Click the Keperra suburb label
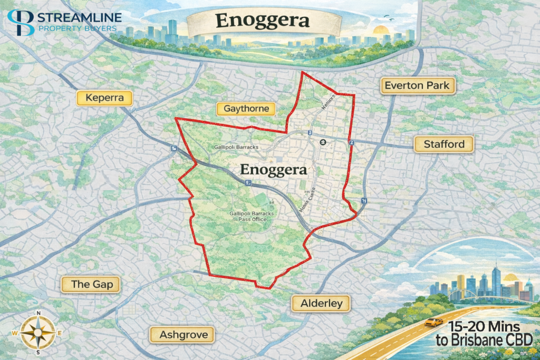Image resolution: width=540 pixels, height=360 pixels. pyautogui.click(x=104, y=98)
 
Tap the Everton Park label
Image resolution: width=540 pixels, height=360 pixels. pyautogui.click(x=417, y=85)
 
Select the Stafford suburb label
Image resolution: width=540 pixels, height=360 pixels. pyautogui.click(x=443, y=144)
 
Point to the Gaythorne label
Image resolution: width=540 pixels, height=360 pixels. pyautogui.click(x=246, y=109)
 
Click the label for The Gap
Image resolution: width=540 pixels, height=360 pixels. pyautogui.click(x=88, y=284)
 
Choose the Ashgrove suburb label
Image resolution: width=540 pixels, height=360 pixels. pyautogui.click(x=180, y=334)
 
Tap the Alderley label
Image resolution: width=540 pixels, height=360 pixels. pyautogui.click(x=321, y=303)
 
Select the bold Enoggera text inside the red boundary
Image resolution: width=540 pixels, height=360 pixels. pyautogui.click(x=273, y=170)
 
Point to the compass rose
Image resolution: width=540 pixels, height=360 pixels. pyautogui.click(x=38, y=333)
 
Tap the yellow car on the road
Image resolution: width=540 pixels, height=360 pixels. pyautogui.click(x=434, y=322)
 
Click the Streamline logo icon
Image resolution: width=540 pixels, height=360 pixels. pyautogui.click(x=20, y=22)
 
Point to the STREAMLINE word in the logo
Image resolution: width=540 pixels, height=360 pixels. pyautogui.click(x=80, y=17)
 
